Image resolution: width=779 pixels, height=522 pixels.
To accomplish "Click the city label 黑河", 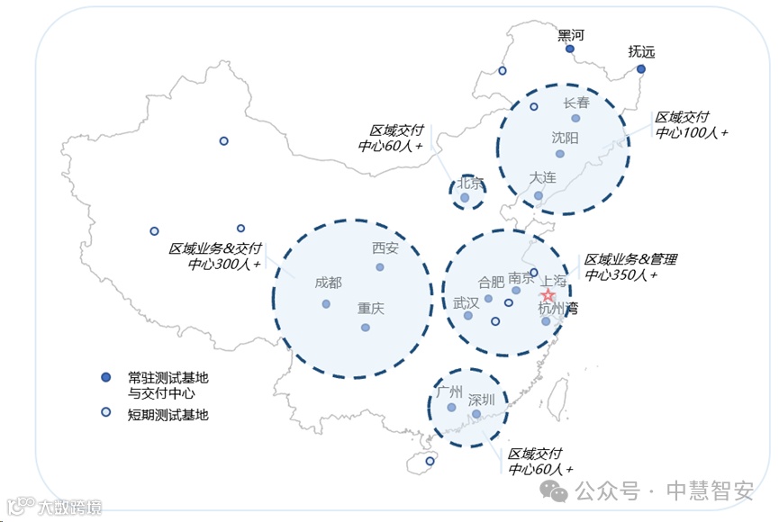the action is [x=571, y=35].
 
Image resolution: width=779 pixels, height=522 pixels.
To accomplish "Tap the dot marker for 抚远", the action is [x=641, y=69].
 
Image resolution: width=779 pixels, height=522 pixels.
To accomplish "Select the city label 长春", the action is [x=576, y=103].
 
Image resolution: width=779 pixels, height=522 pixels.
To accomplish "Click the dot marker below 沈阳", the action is [x=560, y=154].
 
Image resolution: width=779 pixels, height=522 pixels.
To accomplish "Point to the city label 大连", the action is [x=543, y=177].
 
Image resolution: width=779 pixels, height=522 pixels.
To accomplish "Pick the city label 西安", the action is [x=385, y=248].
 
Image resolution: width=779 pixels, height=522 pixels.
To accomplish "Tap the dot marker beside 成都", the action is [x=326, y=304].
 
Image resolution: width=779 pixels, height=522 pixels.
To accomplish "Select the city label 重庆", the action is [x=370, y=308].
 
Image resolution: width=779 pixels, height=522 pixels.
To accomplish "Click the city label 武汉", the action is [x=466, y=301].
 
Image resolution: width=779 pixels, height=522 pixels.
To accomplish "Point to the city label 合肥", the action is [x=492, y=282].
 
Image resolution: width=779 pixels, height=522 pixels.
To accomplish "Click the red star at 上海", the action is [x=548, y=296].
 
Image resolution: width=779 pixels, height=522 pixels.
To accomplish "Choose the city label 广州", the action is [x=448, y=391].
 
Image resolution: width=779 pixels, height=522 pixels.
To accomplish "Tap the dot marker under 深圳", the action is [x=476, y=415].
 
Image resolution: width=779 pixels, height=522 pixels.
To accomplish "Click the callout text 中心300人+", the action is [x=224, y=265].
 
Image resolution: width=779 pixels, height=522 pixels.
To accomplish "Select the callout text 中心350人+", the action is [x=621, y=274].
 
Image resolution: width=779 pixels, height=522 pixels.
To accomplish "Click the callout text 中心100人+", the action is [x=692, y=132].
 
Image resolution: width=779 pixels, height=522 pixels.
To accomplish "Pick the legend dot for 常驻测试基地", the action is [x=106, y=377].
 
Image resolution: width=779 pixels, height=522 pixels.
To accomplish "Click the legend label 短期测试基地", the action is [x=168, y=414].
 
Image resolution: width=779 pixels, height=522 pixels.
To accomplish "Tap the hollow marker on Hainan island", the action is [x=430, y=462].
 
